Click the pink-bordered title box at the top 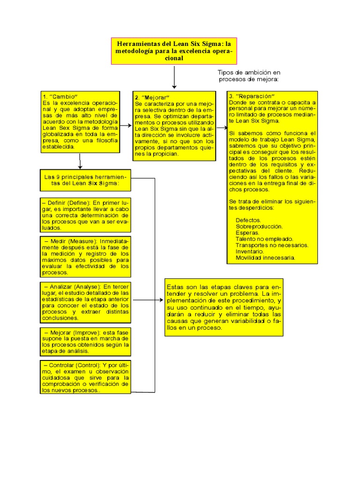click(x=174, y=51)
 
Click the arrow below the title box click(x=174, y=77)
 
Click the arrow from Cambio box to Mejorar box click(x=126, y=126)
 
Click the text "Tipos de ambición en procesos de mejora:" click(x=248, y=76)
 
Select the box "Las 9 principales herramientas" click(x=85, y=180)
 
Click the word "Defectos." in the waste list click(x=248, y=220)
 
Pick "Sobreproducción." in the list click(x=259, y=226)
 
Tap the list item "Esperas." click(x=247, y=232)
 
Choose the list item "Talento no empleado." click(x=264, y=239)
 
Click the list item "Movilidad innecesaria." click(x=265, y=258)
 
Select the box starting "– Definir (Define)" click(x=85, y=215)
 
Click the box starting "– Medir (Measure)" click(x=85, y=256)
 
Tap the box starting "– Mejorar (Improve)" click(x=85, y=341)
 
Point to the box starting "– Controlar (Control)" click(x=85, y=377)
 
